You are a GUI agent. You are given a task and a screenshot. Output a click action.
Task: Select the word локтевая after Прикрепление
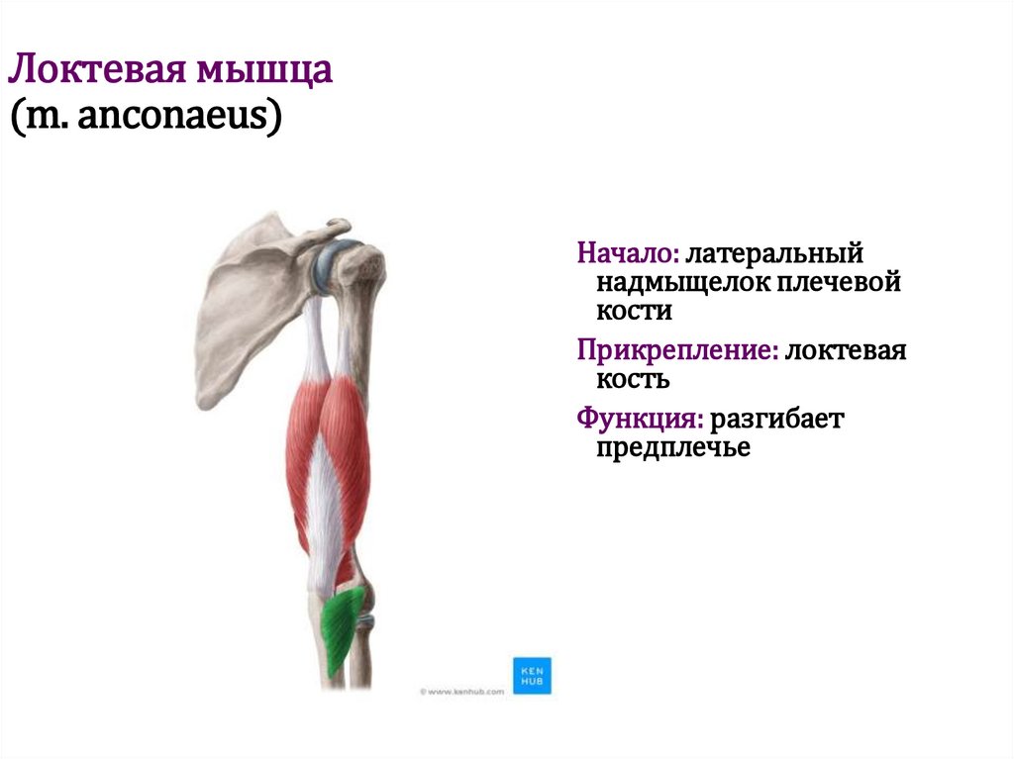click(x=847, y=349)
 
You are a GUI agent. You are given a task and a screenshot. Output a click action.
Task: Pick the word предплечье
click(x=673, y=448)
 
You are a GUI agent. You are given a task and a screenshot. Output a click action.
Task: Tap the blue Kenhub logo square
click(x=532, y=675)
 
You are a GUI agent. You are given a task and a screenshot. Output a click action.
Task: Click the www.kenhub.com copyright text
click(x=460, y=692)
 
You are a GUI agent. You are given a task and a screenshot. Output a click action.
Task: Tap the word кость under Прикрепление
click(x=634, y=379)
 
